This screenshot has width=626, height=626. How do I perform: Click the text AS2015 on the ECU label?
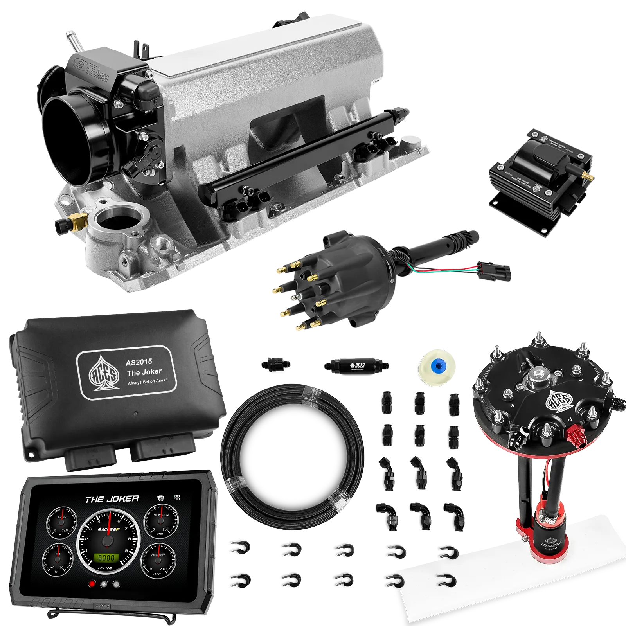(139, 362)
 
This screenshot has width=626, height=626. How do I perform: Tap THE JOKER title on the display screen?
(112, 499)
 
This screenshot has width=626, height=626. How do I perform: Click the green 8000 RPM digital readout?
(106, 557)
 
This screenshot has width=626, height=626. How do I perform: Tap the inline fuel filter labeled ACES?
(356, 366)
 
